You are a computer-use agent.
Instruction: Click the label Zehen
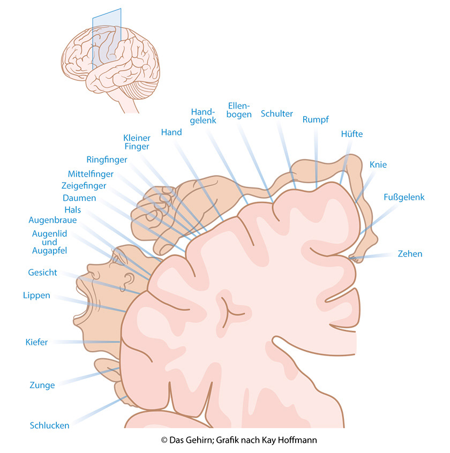click(410, 254)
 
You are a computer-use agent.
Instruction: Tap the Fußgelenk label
click(404, 198)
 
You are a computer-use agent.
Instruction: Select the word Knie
click(378, 165)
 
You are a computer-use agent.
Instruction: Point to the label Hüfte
click(351, 134)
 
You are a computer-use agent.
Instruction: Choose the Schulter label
click(277, 114)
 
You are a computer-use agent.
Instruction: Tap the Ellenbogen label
click(239, 110)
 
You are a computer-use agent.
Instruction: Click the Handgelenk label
click(203, 116)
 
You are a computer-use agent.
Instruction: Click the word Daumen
click(79, 198)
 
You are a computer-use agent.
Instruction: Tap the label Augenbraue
click(52, 220)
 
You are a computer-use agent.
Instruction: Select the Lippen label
click(36, 295)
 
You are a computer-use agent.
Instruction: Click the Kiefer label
click(36, 342)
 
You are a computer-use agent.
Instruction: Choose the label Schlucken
click(49, 426)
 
